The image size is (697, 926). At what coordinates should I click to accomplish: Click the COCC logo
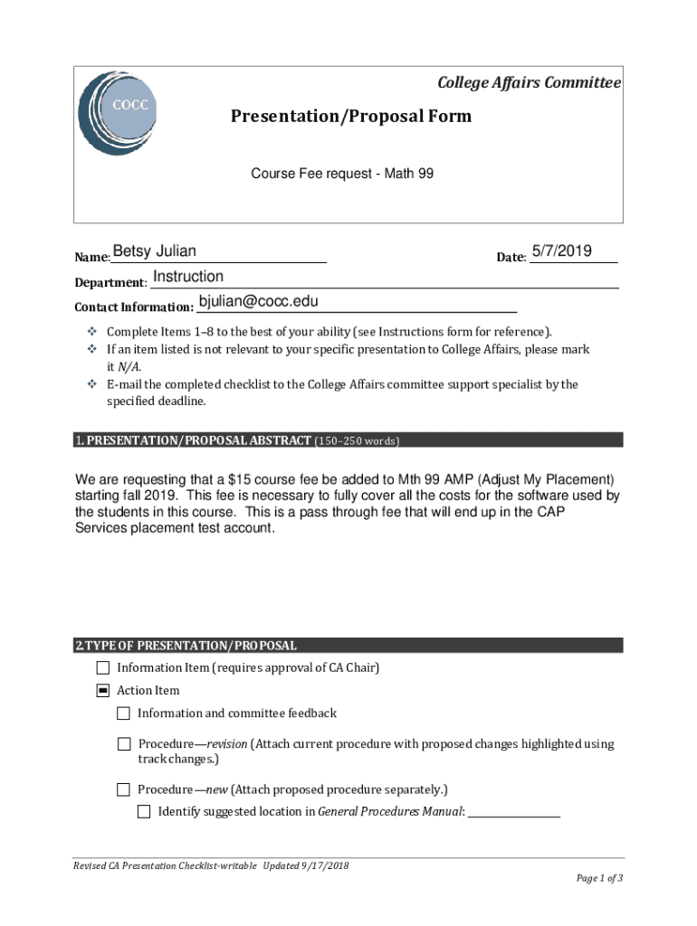[x=118, y=113]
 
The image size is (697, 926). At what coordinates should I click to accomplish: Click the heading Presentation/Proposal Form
[x=350, y=117]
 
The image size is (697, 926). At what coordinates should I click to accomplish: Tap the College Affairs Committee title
[x=529, y=83]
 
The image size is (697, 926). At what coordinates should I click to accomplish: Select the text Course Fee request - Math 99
[x=342, y=173]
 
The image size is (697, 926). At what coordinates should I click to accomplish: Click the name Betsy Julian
[x=154, y=251]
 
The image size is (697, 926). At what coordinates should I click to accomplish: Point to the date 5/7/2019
[x=561, y=250]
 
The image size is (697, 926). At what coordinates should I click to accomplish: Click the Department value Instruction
[x=188, y=277]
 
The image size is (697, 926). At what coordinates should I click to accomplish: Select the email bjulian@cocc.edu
[x=258, y=301]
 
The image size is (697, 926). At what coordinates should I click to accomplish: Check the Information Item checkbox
[x=102, y=668]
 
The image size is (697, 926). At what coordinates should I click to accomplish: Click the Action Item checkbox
[x=102, y=691]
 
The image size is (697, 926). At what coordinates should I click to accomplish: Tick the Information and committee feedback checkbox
[x=123, y=713]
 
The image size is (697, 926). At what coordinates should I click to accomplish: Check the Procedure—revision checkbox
[x=123, y=744]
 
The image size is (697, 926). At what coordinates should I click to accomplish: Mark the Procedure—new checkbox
[x=123, y=789]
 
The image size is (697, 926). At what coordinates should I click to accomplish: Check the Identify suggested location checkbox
[x=144, y=812]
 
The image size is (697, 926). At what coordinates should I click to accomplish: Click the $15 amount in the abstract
[x=240, y=479]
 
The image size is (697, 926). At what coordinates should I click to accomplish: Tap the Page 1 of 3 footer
[x=599, y=878]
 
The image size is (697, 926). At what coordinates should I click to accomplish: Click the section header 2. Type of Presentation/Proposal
[x=186, y=646]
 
